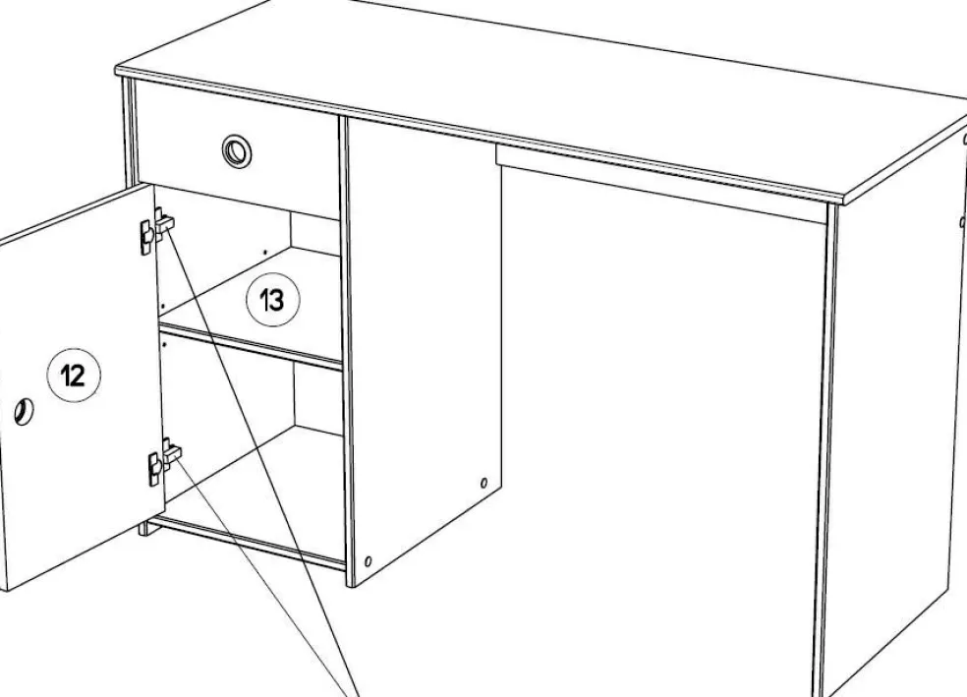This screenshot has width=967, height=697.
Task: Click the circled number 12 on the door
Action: click(74, 375)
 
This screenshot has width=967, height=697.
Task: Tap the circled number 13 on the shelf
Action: click(272, 300)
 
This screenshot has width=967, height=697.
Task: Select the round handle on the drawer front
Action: click(237, 149)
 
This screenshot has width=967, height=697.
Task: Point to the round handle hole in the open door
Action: click(24, 411)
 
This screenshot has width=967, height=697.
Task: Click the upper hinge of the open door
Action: click(156, 228)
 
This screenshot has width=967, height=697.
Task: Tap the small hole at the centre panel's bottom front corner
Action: click(369, 561)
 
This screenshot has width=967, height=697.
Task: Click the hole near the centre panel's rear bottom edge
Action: click(483, 483)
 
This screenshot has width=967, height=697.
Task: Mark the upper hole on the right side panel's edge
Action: click(964, 140)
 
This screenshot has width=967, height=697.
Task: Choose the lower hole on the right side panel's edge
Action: click(963, 221)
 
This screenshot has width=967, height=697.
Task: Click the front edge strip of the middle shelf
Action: click(251, 347)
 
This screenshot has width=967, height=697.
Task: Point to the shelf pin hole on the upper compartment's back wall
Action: click(265, 253)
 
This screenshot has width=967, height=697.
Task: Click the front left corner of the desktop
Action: click(116, 71)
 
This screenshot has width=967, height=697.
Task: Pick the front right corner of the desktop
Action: click(843, 201)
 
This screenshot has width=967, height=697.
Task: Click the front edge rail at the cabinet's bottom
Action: click(247, 543)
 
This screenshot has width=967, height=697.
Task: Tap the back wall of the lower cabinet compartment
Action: click(318, 395)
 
